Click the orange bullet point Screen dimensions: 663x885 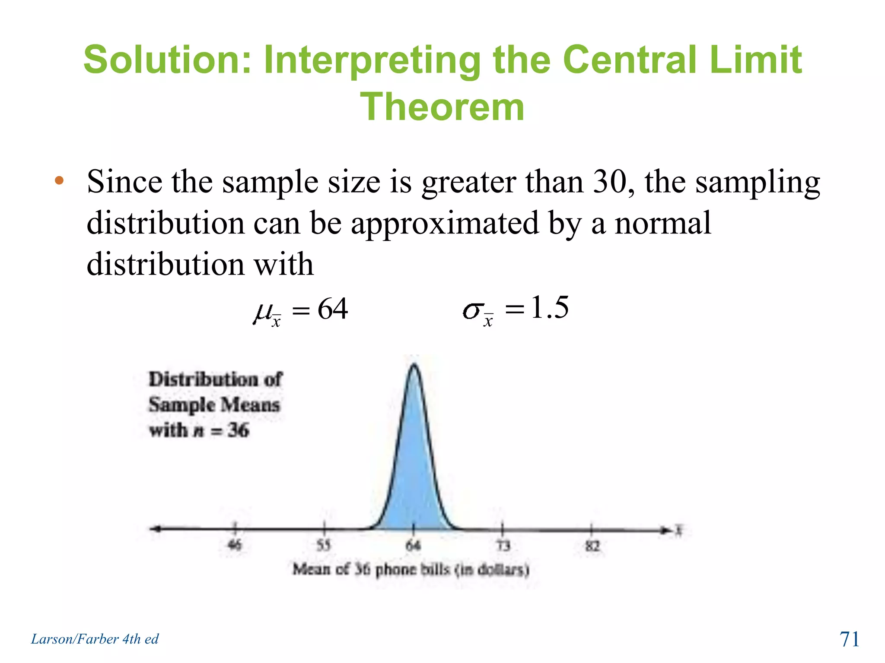click(59, 180)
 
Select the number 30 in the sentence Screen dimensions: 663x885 click(609, 181)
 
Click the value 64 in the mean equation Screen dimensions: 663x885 click(332, 309)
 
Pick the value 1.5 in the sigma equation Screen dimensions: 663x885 click(549, 307)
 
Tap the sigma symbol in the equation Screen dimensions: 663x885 click(472, 311)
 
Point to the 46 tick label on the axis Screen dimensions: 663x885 click(235, 546)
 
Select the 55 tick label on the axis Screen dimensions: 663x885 click(324, 546)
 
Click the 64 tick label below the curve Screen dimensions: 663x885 click(413, 546)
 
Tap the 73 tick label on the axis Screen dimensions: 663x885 click(503, 546)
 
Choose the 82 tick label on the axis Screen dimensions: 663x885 click(592, 546)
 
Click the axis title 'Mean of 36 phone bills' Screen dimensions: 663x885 click(411, 570)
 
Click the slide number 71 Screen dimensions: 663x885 click(849, 639)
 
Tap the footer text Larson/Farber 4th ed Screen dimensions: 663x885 click(95, 639)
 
